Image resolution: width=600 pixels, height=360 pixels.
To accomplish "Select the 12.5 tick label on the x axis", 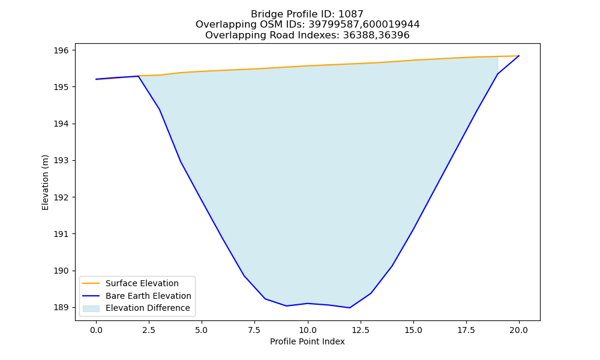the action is tap(360, 330).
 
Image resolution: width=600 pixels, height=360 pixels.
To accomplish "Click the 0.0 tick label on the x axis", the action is tap(96, 330).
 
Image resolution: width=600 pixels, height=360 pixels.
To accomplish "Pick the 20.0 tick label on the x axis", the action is tap(519, 330).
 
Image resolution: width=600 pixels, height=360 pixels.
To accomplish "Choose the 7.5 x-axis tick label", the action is tap(254, 330).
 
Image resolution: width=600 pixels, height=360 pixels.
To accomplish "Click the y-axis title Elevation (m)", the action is tap(45, 182).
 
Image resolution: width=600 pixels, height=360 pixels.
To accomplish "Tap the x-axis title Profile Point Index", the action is tap(307, 341).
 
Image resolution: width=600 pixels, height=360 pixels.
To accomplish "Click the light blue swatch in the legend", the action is tap(91, 308).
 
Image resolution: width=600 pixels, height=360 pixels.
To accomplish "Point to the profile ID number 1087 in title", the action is tap(351, 14).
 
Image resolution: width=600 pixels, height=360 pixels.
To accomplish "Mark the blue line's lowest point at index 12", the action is tap(349, 308).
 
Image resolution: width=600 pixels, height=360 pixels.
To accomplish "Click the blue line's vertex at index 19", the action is tap(497, 74).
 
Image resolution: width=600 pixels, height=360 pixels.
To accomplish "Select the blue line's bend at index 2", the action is tap(138, 76).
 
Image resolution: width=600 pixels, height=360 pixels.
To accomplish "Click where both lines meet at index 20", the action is tap(519, 56).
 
